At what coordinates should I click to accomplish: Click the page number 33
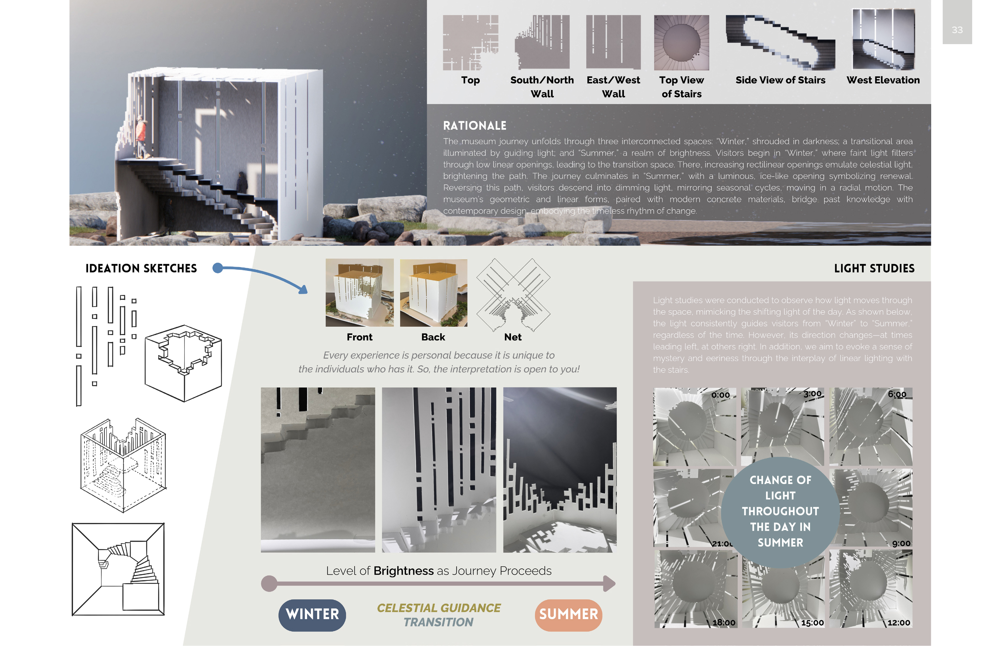tap(957, 30)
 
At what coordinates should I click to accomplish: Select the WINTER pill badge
tap(312, 615)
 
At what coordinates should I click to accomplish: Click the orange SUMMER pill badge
tap(568, 615)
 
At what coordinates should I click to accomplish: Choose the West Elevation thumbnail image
tap(883, 39)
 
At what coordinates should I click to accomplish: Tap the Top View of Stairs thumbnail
tap(681, 42)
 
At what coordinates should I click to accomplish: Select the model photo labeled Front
tap(359, 293)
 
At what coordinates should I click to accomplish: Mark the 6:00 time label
tap(897, 394)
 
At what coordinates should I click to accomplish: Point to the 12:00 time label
tap(899, 623)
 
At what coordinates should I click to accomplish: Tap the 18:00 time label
tap(724, 623)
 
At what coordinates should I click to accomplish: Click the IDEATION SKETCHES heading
tap(141, 269)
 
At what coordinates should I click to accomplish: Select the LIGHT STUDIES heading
tap(874, 269)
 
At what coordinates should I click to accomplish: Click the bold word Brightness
tap(403, 571)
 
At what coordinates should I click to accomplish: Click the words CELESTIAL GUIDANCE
tap(439, 608)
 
